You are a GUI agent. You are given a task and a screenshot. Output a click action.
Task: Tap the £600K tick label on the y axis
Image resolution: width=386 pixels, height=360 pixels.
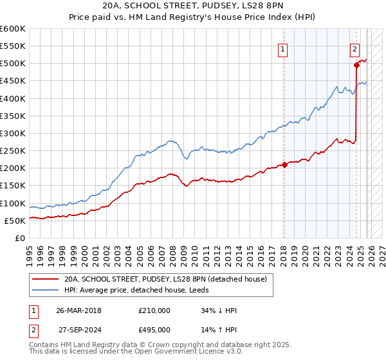[x=13, y=29]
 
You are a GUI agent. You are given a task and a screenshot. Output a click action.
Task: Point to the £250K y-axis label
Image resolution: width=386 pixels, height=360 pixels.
[x=13, y=151]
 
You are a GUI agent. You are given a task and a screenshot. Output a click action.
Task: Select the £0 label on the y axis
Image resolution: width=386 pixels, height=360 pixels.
[x=19, y=238]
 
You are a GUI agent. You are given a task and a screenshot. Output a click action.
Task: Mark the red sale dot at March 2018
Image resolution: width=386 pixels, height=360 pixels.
[x=284, y=165]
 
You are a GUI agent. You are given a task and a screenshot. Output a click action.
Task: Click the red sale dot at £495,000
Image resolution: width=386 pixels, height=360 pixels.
[x=356, y=65]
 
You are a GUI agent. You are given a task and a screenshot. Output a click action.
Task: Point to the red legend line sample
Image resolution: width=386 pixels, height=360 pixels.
[x=46, y=279]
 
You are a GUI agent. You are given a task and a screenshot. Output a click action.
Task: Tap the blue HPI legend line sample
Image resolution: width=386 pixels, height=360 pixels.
[x=46, y=290]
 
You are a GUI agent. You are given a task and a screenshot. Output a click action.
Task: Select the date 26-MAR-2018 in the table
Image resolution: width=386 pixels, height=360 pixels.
[x=78, y=310]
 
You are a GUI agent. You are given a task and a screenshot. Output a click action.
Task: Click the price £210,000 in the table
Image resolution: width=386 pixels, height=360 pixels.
[x=154, y=310]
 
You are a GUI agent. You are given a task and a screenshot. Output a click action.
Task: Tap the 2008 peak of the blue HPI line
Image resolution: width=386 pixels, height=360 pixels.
[x=171, y=141]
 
